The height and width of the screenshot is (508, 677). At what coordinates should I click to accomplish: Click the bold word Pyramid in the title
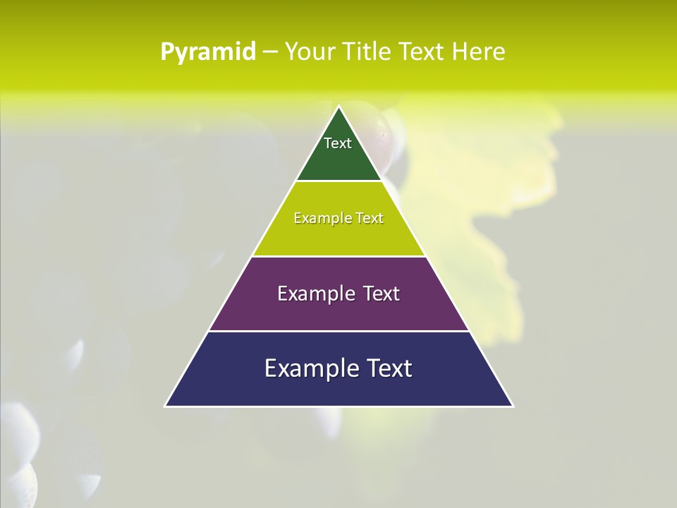tap(208, 52)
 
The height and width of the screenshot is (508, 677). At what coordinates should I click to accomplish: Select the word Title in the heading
tap(366, 52)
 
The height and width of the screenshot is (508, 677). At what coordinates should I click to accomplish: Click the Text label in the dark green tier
tap(338, 143)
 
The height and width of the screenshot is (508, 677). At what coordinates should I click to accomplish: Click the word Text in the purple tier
tap(379, 294)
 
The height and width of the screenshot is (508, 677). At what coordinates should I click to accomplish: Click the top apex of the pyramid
tap(338, 107)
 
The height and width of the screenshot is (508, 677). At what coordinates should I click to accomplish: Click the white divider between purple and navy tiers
tap(338, 331)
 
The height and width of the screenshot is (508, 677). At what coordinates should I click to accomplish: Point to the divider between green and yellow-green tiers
tap(338, 181)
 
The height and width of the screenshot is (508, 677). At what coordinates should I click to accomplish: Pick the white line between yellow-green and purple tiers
tap(338, 256)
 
